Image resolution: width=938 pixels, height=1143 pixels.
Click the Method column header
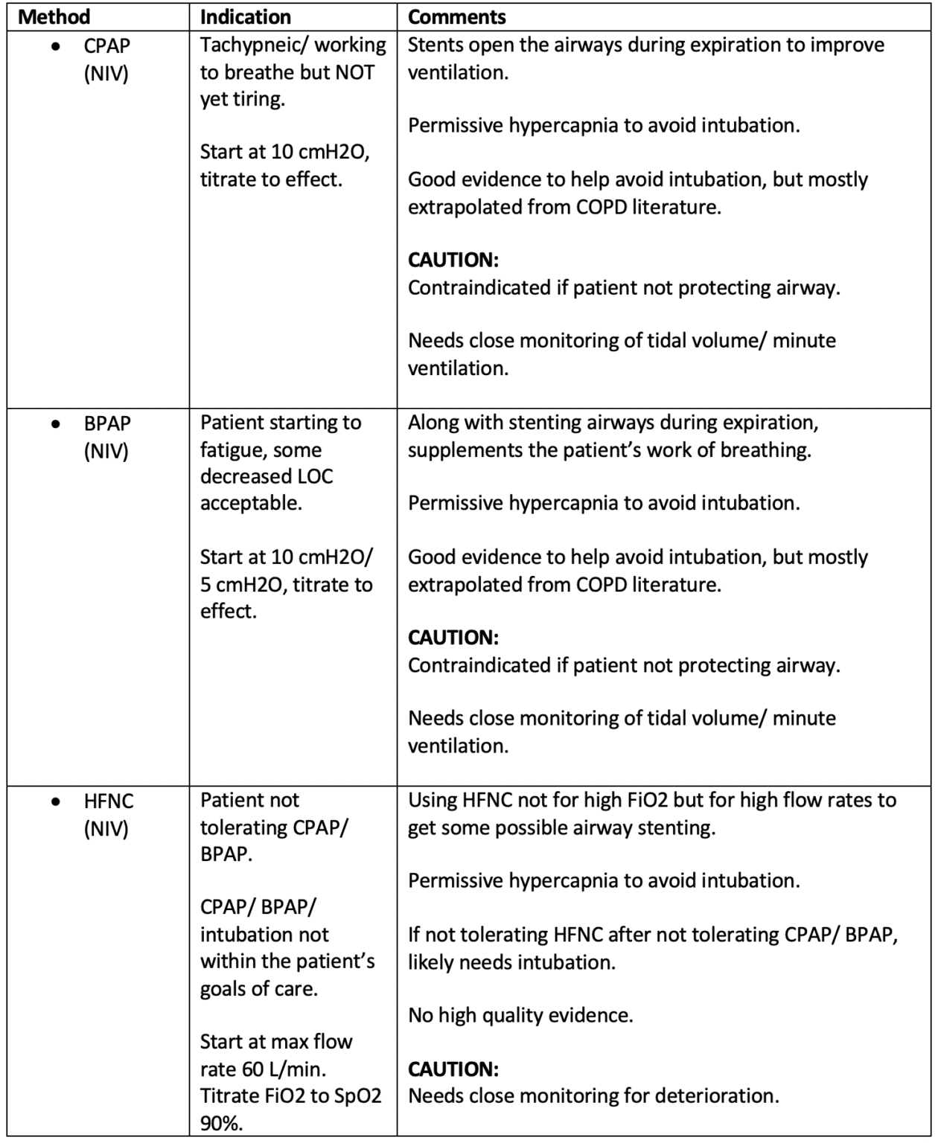54,17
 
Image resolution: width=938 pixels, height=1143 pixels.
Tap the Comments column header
456,17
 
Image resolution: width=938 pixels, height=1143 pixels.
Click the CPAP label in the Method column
106,46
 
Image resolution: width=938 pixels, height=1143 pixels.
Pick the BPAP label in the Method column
107,423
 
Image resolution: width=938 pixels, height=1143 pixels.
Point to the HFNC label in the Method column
108,801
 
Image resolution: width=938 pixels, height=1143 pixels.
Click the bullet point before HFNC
55,802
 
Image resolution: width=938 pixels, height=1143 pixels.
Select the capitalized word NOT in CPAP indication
354,72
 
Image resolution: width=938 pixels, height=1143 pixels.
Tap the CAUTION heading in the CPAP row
453,260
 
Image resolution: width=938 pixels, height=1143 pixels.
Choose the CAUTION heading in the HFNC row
453,1069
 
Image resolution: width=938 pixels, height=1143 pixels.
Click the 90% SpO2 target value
221,1123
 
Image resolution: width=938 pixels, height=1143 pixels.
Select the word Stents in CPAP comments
435,45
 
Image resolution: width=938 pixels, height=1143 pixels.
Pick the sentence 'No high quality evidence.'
520,1015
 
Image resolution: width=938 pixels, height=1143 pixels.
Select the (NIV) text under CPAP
106,74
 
